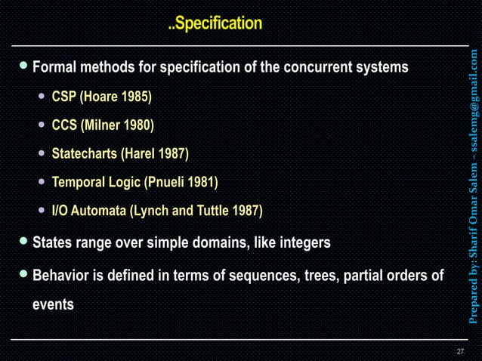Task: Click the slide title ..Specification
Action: pos(215,24)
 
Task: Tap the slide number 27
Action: pos(460,351)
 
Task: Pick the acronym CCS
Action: pos(63,125)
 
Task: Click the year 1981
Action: pos(201,183)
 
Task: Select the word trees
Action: pos(320,276)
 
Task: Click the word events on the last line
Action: pos(53,305)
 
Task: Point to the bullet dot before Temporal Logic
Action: pos(42,183)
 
